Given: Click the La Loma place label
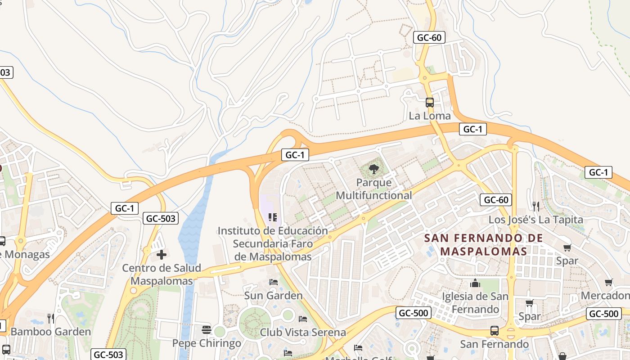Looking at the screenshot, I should [429, 116].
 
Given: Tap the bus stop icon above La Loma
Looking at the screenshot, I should [430, 103].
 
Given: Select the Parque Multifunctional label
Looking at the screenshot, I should [373, 189].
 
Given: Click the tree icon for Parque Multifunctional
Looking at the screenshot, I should [373, 170].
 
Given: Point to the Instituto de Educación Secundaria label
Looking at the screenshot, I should [273, 243].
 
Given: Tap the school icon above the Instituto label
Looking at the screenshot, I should [272, 218].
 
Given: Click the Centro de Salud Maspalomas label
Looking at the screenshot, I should [162, 274].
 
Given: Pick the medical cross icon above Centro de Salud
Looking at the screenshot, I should [162, 255].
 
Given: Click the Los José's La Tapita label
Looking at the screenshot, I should [535, 220].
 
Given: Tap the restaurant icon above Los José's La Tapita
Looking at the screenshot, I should [535, 207].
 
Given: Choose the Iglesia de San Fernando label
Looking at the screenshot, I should [475, 303].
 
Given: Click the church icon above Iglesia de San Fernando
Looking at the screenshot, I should [475, 283].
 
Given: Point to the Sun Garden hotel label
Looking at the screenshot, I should [273, 296].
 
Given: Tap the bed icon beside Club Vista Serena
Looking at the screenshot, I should [303, 319].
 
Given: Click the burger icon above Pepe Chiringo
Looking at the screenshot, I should [207, 330].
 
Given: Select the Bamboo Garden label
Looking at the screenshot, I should [50, 332].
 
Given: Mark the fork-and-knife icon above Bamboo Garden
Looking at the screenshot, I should [51, 319].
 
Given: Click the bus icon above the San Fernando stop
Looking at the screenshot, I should [495, 331].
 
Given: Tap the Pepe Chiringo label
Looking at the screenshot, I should [207, 343].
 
